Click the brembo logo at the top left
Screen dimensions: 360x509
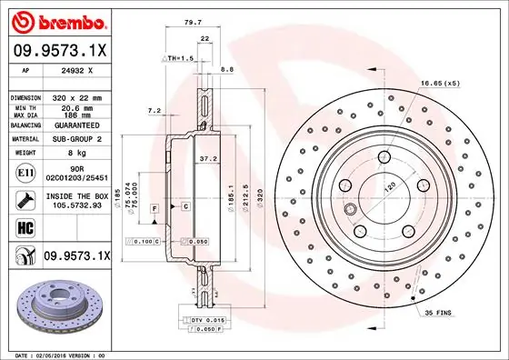[57, 19]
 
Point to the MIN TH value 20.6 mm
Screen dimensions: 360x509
[77, 106]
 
